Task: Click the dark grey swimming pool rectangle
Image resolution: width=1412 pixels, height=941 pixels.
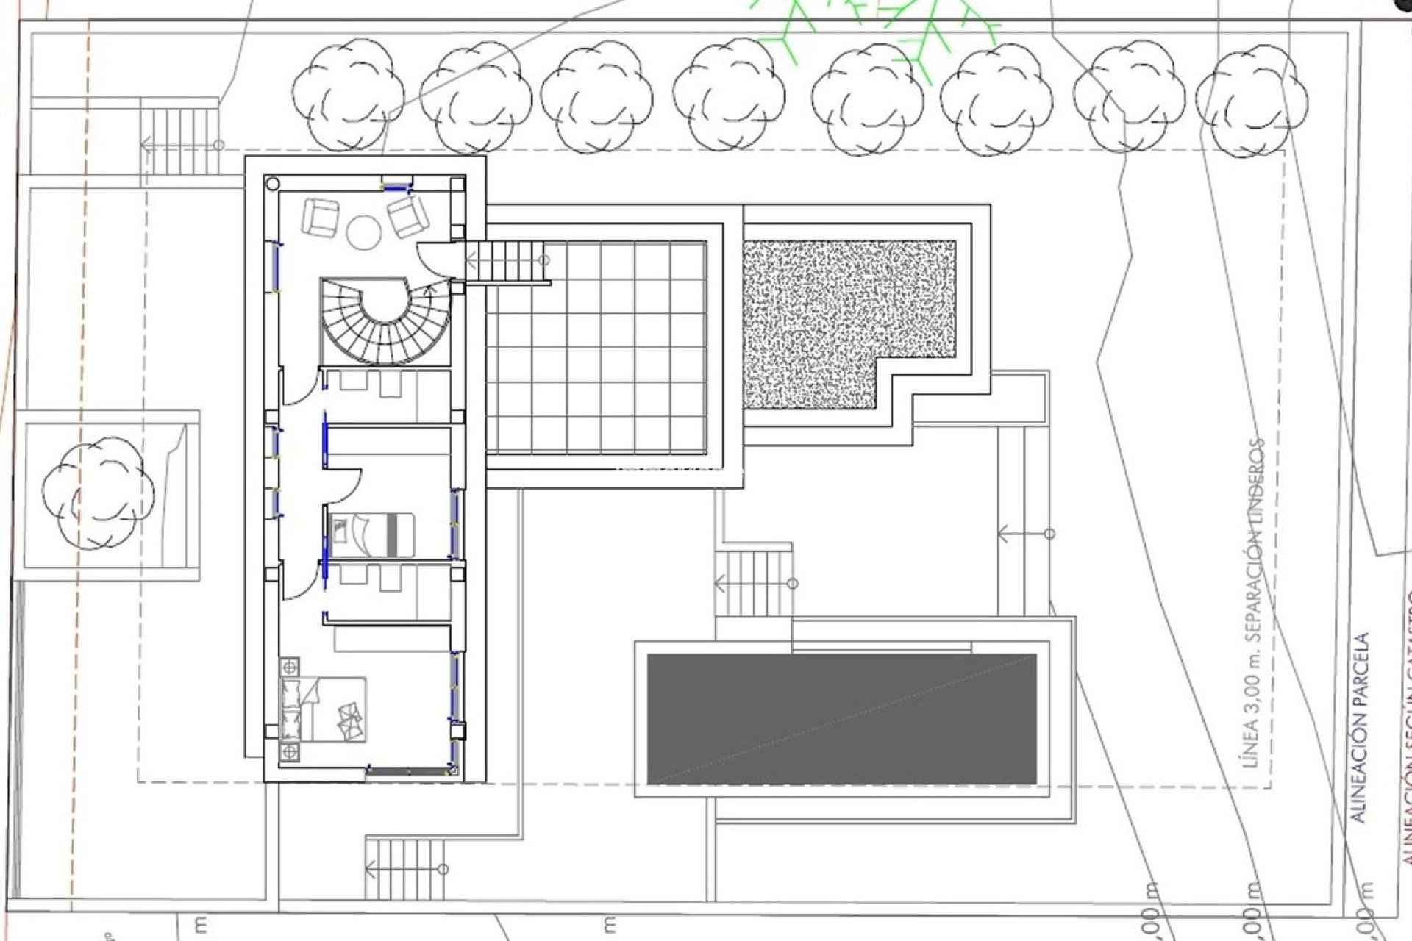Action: coord(841,719)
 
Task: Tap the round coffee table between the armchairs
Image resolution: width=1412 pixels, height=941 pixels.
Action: coord(363,232)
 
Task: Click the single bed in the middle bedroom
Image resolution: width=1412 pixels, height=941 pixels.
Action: coord(372,534)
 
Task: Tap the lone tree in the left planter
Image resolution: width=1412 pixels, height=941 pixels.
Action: coord(98,493)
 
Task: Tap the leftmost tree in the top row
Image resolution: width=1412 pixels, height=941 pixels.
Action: coord(348,94)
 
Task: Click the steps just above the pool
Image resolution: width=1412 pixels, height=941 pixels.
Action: coord(754,583)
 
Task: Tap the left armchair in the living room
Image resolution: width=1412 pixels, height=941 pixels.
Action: coord(320,217)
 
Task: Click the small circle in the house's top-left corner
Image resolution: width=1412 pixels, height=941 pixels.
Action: coord(272,183)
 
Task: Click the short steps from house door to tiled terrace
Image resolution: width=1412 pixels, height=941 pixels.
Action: coord(507,260)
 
